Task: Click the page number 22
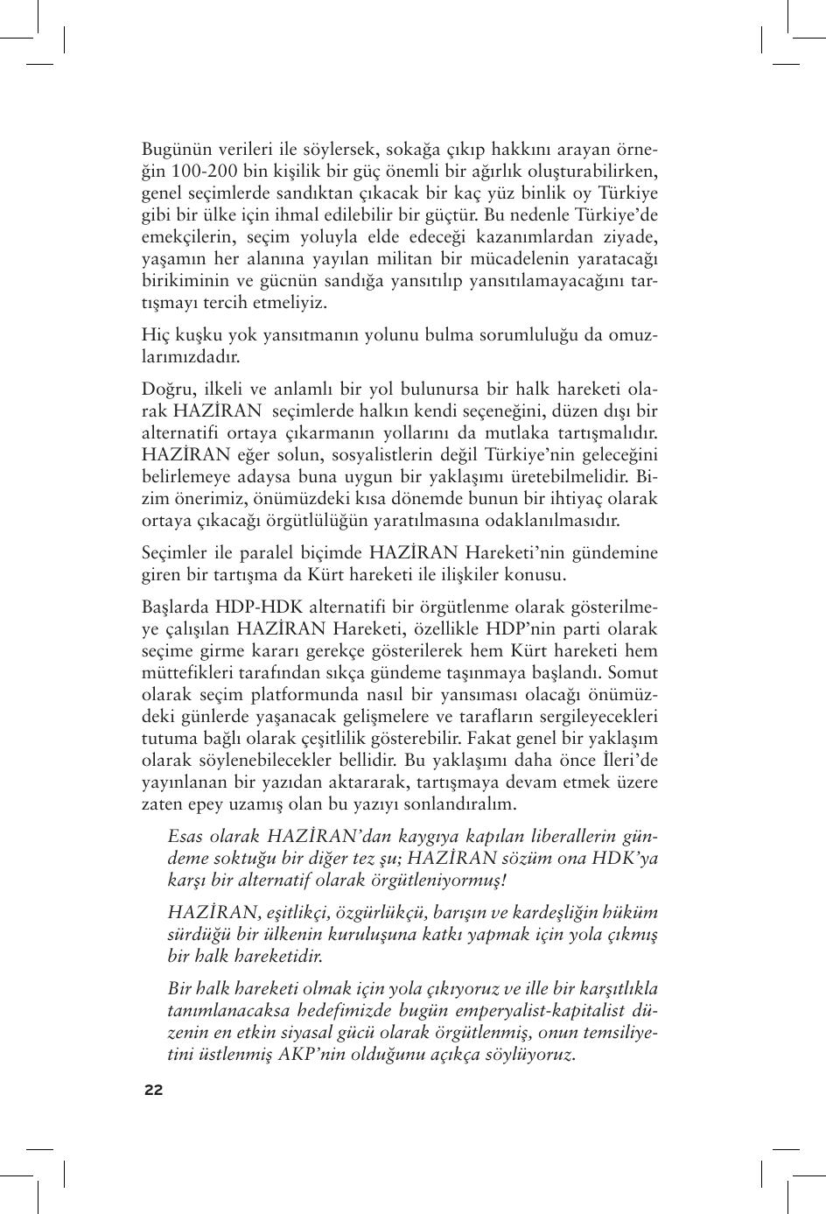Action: pos(153,1090)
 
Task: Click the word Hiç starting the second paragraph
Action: pos(155,335)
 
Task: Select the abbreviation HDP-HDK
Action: pos(258,607)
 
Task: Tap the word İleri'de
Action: pos(629,761)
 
